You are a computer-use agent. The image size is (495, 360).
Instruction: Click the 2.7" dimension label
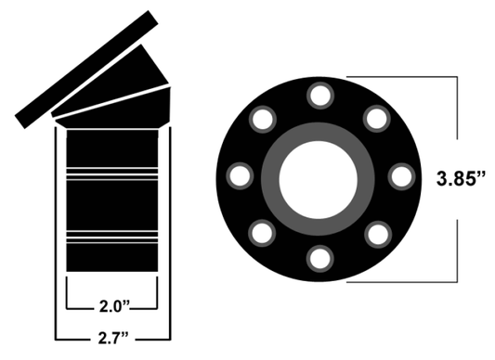(112, 335)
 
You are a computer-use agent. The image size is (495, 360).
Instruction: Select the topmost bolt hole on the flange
(319, 95)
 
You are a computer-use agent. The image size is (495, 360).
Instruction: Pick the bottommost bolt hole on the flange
(319, 256)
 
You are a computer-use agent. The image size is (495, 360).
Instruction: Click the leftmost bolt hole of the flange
(239, 175)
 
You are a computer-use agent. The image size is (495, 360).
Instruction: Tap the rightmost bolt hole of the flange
(400, 175)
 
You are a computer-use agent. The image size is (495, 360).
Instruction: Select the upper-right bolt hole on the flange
(376, 118)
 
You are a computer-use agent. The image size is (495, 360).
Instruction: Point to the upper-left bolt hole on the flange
(262, 118)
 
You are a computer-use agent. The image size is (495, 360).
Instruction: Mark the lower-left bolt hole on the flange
(262, 232)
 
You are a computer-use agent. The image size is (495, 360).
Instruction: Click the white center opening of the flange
(319, 175)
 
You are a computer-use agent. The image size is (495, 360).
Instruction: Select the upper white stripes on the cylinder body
(112, 174)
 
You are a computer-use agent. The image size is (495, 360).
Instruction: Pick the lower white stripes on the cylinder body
(112, 240)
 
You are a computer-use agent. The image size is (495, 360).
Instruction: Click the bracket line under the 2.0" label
(112, 312)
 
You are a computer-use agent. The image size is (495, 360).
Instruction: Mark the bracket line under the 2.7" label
(112, 345)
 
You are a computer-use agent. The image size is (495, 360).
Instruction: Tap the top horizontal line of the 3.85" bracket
(409, 76)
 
